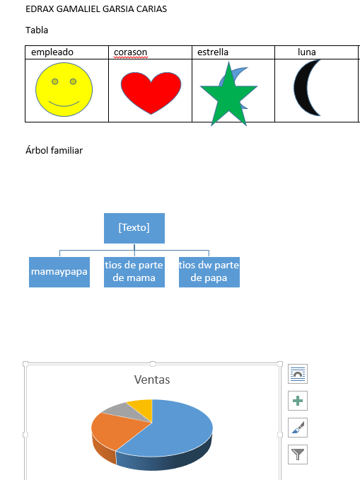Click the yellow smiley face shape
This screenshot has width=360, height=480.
(64, 89)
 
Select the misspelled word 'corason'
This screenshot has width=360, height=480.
(131, 52)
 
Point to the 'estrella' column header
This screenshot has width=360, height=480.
(213, 52)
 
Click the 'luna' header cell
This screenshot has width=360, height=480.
(307, 52)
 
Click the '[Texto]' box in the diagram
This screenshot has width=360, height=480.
(134, 229)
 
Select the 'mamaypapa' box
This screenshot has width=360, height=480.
(59, 272)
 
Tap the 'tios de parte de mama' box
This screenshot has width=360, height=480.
(134, 272)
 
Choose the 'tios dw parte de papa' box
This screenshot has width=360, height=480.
(209, 272)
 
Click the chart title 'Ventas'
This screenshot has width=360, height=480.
(152, 379)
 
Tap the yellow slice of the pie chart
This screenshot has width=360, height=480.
(142, 406)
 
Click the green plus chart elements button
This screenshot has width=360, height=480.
(298, 401)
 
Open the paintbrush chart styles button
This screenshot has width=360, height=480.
(298, 428)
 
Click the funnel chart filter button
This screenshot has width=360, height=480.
(298, 455)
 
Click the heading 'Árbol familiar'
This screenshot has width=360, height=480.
(54, 150)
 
